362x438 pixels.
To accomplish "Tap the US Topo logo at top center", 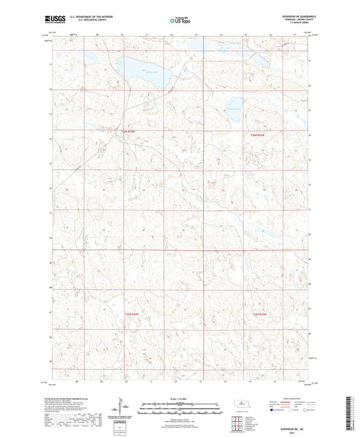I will pos(180,21).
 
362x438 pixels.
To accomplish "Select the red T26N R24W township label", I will pos(128,132).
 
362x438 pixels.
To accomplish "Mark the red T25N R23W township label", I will pos(260,314).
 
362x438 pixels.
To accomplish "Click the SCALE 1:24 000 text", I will pos(181,398).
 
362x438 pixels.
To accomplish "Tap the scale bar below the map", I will pos(181,404).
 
